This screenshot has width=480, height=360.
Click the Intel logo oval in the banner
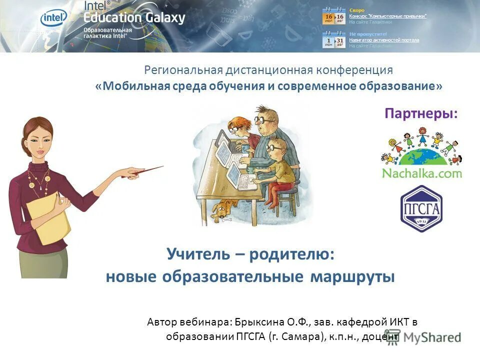tap(53, 18)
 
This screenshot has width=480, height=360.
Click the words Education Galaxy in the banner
tap(134, 18)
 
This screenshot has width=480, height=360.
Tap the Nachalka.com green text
tap(421, 173)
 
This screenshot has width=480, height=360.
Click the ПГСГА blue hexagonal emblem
tap(421, 207)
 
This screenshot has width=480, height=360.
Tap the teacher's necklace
tap(38, 180)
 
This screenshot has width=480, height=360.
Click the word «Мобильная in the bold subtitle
tap(132, 85)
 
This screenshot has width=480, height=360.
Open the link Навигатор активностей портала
tap(384, 40)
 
